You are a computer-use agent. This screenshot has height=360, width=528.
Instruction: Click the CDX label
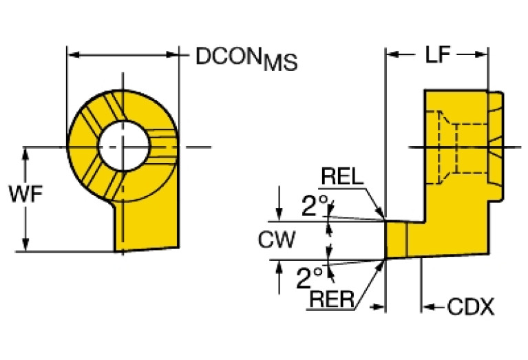(x=471, y=307)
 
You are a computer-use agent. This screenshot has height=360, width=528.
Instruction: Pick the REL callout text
(x=342, y=178)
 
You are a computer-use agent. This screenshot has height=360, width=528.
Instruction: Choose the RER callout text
(x=333, y=298)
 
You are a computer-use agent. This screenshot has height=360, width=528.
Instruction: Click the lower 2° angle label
(x=309, y=279)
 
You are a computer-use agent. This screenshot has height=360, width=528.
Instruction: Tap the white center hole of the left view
(x=123, y=146)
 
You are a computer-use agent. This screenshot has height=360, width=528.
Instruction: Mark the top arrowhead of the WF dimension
(x=26, y=152)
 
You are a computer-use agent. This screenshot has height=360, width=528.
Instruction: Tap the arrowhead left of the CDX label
(x=427, y=307)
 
